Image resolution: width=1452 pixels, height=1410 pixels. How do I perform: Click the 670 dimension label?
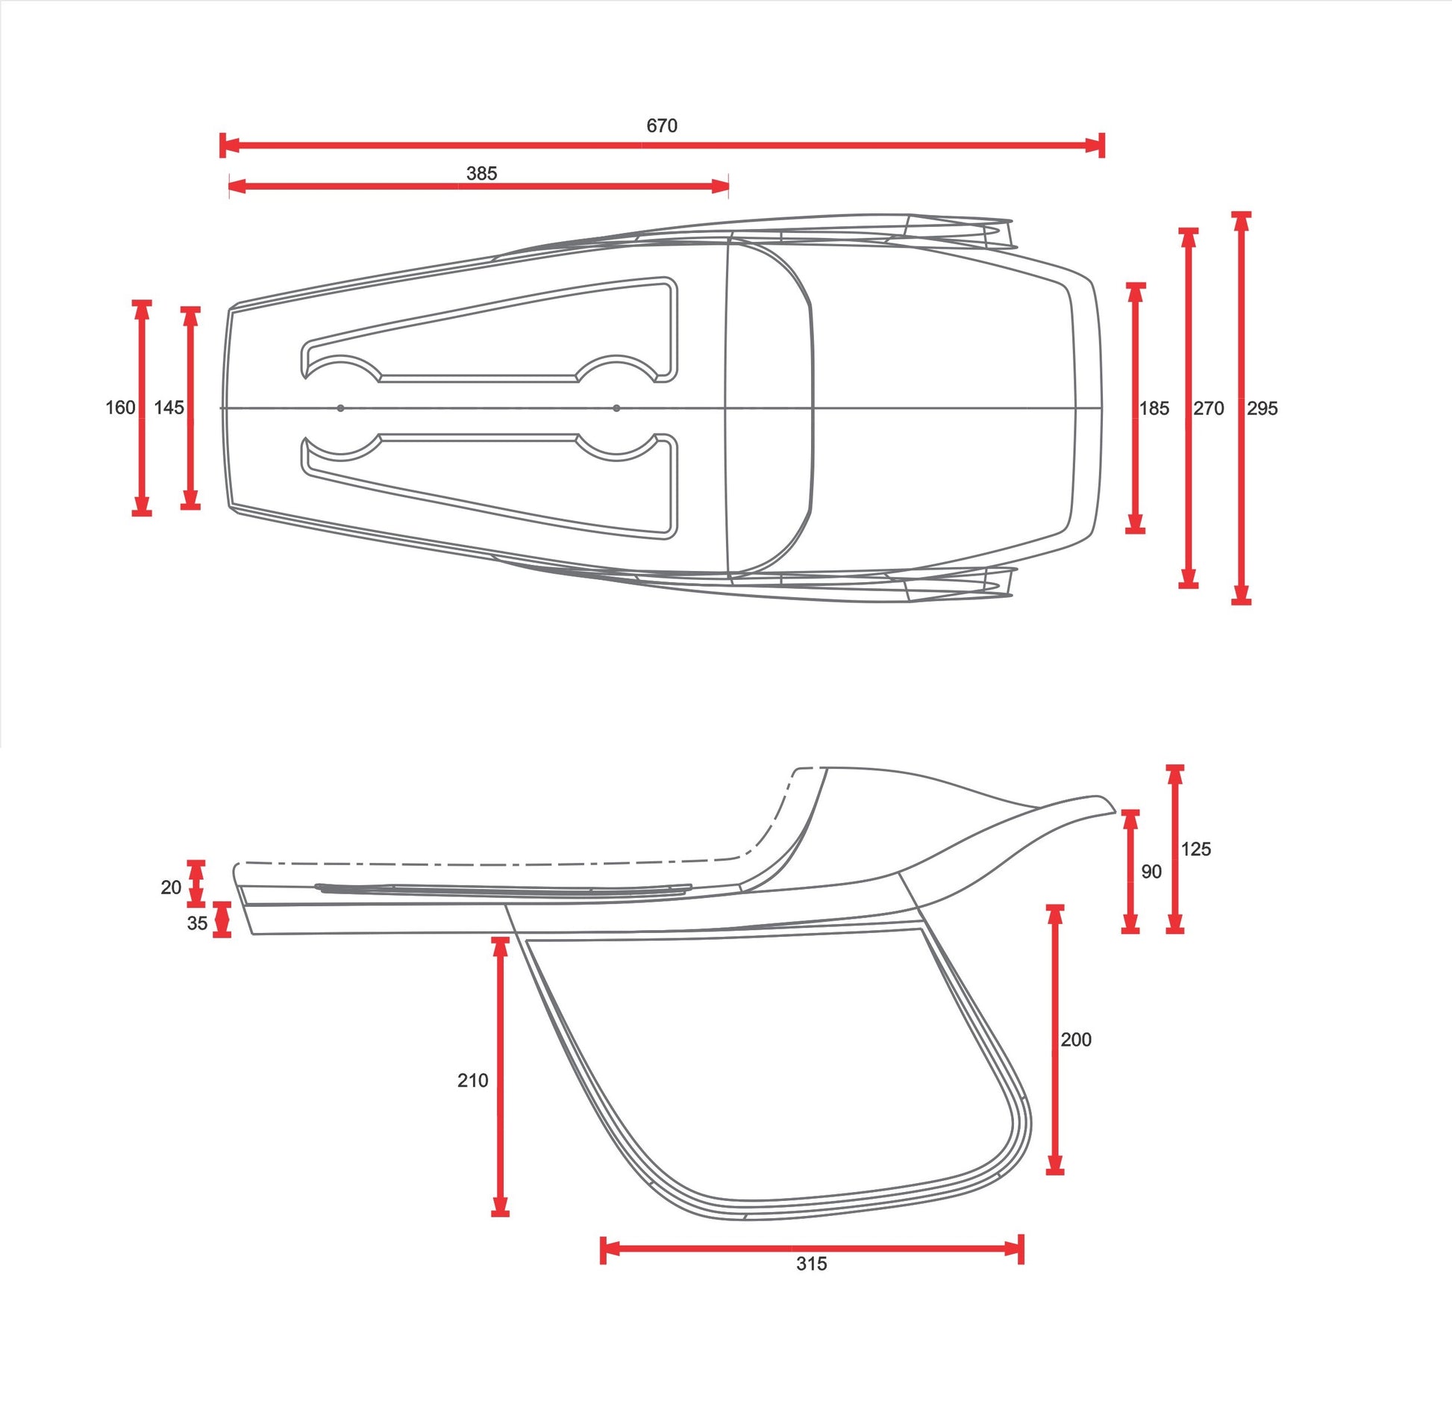pyautogui.click(x=662, y=125)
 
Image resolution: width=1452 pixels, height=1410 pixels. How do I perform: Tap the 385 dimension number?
pyautogui.click(x=481, y=173)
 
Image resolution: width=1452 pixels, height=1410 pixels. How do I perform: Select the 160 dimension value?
pyautogui.click(x=120, y=408)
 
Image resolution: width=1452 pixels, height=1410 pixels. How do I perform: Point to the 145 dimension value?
pyautogui.click(x=169, y=408)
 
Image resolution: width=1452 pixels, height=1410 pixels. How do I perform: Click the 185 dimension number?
pyautogui.click(x=1154, y=408)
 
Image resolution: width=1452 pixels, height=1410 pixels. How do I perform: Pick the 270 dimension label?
pyautogui.click(x=1209, y=408)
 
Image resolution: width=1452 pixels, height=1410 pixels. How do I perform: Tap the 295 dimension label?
pyautogui.click(x=1262, y=408)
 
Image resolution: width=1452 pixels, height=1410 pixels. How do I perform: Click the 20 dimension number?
pyautogui.click(x=171, y=887)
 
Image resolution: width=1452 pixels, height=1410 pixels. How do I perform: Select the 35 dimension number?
pyautogui.click(x=197, y=923)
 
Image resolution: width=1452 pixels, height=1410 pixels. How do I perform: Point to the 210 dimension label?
pyautogui.click(x=473, y=1080)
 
